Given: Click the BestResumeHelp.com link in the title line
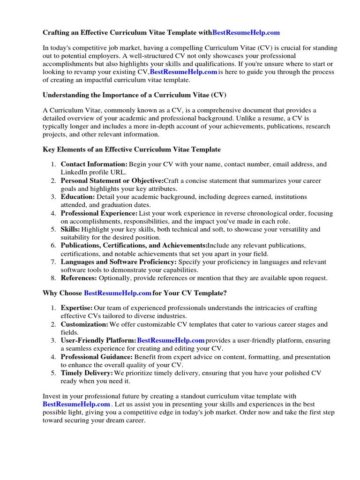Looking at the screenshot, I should click(246, 32).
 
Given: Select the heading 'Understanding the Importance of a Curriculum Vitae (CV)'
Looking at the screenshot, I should click(135, 95).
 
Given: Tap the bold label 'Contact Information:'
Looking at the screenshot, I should click(94, 165).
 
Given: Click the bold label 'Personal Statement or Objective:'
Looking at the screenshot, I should click(112, 180).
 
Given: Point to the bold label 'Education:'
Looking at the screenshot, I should click(78, 197).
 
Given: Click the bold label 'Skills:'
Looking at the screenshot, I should click(71, 230).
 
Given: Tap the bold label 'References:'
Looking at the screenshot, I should click(79, 278).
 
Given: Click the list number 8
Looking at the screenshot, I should click(53, 278).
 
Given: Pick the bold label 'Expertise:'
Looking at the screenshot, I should click(77, 308).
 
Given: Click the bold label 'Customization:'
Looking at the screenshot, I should click(84, 324).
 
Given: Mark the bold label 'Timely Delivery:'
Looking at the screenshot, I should click(87, 373).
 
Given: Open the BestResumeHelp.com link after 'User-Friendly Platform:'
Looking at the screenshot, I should click(171, 340).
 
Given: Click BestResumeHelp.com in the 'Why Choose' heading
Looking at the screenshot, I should click(118, 293).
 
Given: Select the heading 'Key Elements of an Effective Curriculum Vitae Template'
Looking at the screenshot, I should click(132, 150).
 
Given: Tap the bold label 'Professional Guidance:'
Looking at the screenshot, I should click(96, 357).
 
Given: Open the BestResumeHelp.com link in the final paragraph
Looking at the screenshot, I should click(76, 404).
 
